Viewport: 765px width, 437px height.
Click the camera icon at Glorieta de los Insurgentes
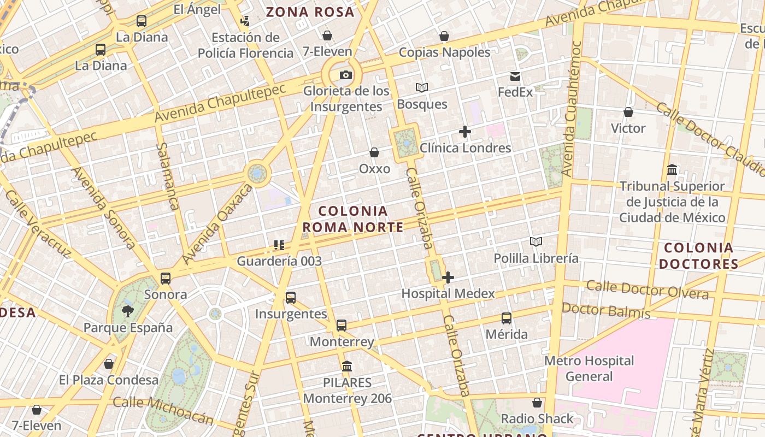(x=345, y=75)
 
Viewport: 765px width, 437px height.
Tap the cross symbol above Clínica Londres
(x=465, y=132)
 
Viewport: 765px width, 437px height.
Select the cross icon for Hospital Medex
(x=448, y=277)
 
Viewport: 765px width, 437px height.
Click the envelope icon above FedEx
(x=515, y=76)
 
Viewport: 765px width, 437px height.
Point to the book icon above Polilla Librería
(x=536, y=242)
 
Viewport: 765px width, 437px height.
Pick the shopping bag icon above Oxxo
(x=374, y=152)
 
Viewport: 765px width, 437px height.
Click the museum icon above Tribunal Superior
(x=672, y=170)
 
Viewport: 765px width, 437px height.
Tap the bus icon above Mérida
(x=507, y=318)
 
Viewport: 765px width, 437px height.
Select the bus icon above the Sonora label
(x=166, y=279)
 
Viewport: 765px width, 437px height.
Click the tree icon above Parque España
(x=128, y=311)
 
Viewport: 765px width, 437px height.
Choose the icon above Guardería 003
(x=279, y=245)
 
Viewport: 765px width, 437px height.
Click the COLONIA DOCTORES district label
(x=698, y=256)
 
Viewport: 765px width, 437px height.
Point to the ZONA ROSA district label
(x=310, y=12)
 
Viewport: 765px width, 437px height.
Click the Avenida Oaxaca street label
(x=217, y=223)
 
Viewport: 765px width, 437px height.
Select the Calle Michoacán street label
(x=163, y=411)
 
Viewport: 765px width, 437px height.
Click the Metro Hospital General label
(x=589, y=368)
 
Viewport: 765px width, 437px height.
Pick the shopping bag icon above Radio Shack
(x=537, y=403)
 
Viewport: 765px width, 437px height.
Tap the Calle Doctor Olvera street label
(x=648, y=290)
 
